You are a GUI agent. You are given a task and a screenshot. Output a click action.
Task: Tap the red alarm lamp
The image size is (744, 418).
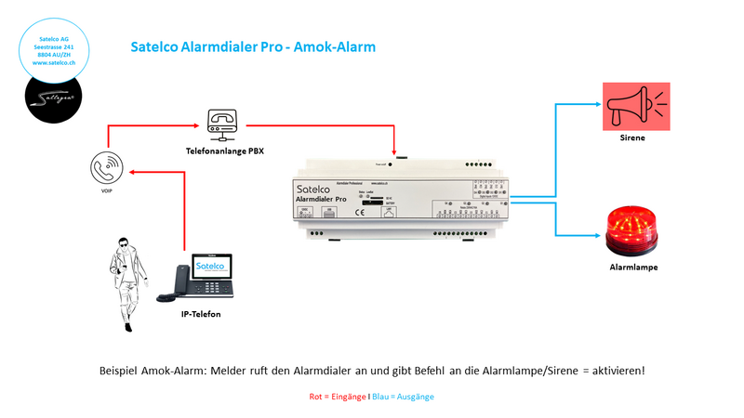click(634, 231)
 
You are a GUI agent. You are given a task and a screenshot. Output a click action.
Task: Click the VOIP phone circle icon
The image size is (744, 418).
click(106, 169)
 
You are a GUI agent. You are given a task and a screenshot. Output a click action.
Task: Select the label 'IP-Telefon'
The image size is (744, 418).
click(201, 315)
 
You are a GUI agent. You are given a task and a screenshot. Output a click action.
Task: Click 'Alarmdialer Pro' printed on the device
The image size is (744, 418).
click(329, 198)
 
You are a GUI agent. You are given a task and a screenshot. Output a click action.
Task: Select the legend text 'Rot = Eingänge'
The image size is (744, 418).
click(339, 397)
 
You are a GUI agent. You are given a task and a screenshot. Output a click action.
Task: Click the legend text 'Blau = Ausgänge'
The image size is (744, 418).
click(403, 397)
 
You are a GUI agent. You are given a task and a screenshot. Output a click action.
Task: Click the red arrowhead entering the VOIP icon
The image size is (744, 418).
click(130, 171)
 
